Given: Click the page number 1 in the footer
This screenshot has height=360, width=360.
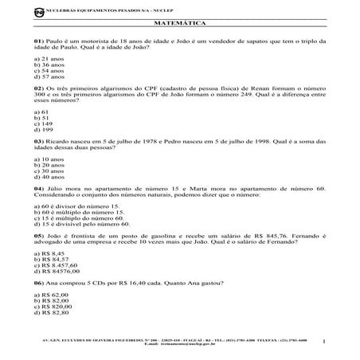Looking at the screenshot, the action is point(326,342).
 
